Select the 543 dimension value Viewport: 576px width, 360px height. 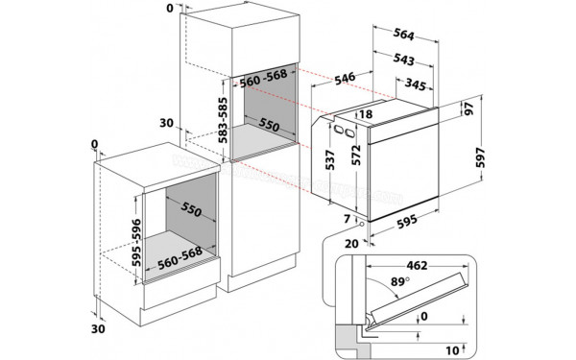click(x=404, y=60)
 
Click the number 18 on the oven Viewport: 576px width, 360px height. click(x=365, y=116)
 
